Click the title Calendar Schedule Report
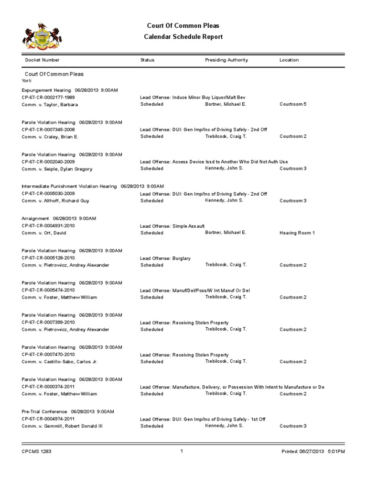pyautogui.click(x=183, y=37)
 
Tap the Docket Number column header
pyautogui.click(x=43, y=60)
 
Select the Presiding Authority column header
pyautogui.click(x=227, y=60)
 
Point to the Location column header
pyautogui.click(x=289, y=60)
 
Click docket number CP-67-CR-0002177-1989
pyautogui.click(x=48, y=97)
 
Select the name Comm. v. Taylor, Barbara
pyautogui.click(x=50, y=104)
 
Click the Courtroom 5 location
pyautogui.click(x=293, y=104)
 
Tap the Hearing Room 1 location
pyautogui.click(x=297, y=233)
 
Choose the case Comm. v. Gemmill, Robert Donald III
pyautogui.click(x=62, y=426)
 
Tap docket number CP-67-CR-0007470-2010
pyautogui.click(x=48, y=355)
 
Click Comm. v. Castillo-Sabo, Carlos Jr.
pyautogui.click(x=60, y=362)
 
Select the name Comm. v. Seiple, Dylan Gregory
pyautogui.click(x=57, y=169)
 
